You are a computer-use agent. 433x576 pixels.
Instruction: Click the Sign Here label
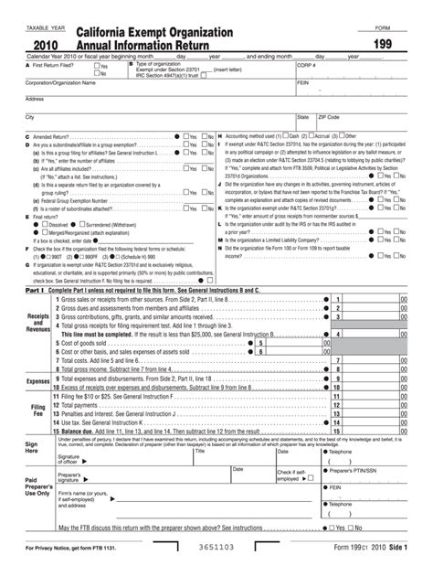[32, 446]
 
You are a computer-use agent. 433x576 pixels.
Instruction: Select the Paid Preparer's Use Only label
[38, 485]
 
